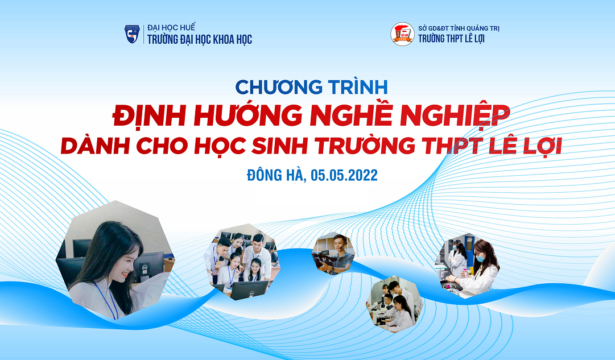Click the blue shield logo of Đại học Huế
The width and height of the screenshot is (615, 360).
click(x=132, y=34)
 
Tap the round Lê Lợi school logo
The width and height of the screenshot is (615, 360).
click(x=402, y=34)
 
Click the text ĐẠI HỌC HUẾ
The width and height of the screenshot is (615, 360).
click(x=171, y=27)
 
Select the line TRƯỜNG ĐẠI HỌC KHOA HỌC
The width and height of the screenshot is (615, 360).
click(x=200, y=39)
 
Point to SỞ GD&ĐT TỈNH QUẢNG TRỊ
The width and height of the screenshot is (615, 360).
click(x=459, y=28)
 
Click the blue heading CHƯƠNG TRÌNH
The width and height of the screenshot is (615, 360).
click(x=311, y=87)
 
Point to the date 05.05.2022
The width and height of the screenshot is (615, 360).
click(x=344, y=175)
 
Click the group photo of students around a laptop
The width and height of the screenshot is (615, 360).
click(x=242, y=262)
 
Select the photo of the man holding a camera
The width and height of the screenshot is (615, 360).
click(x=333, y=253)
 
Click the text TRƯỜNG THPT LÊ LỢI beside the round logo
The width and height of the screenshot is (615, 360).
click(x=452, y=39)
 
